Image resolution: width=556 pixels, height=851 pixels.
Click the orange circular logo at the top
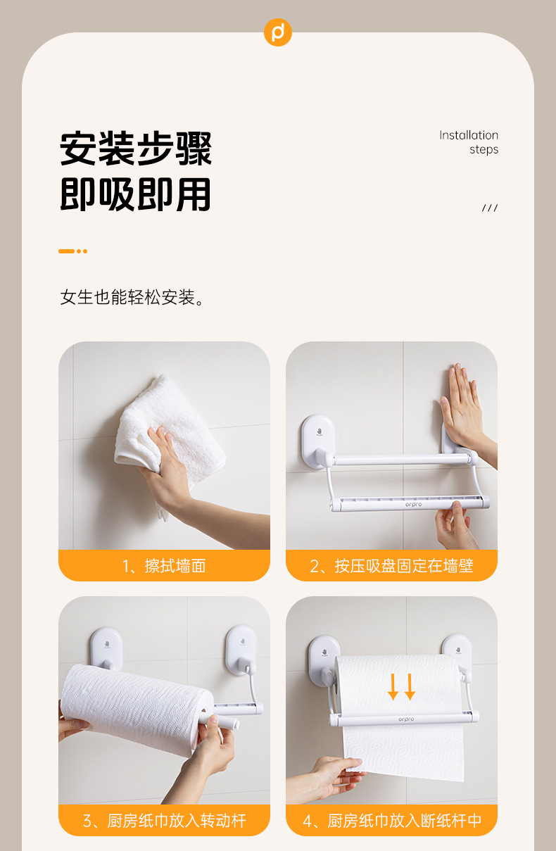[x=278, y=32]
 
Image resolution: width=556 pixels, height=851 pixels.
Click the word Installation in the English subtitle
[x=469, y=135]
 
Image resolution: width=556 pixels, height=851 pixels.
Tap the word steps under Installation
[x=484, y=150]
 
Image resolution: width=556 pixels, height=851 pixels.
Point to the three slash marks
[x=490, y=208]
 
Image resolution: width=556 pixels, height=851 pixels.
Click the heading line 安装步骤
[x=136, y=149]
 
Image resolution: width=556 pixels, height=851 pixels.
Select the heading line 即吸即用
[x=136, y=194]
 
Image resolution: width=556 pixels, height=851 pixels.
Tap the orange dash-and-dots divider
[x=73, y=251]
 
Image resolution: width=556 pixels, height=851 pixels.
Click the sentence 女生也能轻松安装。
[x=133, y=297]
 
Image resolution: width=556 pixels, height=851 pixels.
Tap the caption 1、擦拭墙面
[x=164, y=566]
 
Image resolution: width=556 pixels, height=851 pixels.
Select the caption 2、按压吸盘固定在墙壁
[x=391, y=566]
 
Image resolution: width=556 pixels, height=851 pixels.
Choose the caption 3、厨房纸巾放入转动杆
[x=165, y=821]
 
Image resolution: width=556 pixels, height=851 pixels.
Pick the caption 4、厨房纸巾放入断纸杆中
[x=392, y=821]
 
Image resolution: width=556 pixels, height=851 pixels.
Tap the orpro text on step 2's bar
[x=414, y=505]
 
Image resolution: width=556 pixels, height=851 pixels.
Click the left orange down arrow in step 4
[x=393, y=686]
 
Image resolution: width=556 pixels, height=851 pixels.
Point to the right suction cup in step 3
[x=241, y=650]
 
